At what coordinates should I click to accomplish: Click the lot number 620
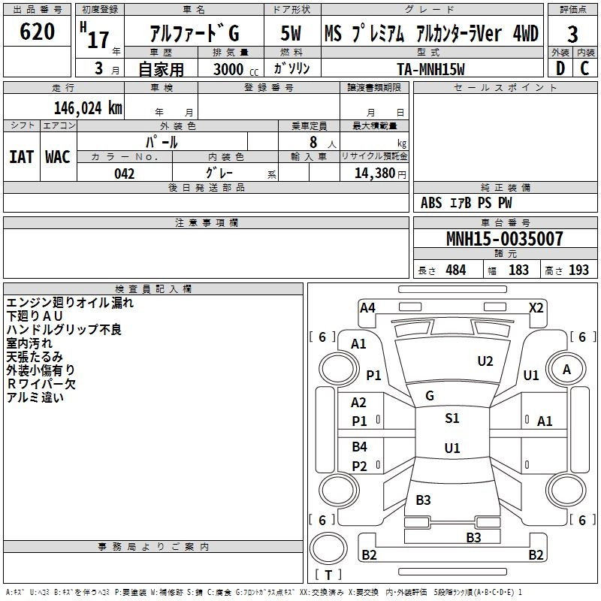(37, 32)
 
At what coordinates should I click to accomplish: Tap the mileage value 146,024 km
(88, 108)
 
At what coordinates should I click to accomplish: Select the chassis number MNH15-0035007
(504, 240)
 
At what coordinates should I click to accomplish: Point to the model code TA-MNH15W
(431, 68)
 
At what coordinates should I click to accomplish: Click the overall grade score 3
(572, 34)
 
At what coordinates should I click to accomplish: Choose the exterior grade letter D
(560, 68)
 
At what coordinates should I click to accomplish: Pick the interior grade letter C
(584, 68)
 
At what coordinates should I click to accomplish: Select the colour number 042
(125, 174)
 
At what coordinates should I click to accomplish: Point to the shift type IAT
(21, 157)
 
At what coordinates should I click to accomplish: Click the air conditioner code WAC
(58, 157)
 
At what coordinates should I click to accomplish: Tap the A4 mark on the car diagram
(367, 307)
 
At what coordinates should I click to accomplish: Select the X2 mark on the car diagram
(536, 307)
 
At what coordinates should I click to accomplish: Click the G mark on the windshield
(430, 395)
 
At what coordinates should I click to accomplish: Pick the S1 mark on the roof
(452, 418)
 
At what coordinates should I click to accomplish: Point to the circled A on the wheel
(567, 369)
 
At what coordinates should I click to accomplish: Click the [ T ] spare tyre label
(328, 575)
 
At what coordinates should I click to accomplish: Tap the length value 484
(455, 270)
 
